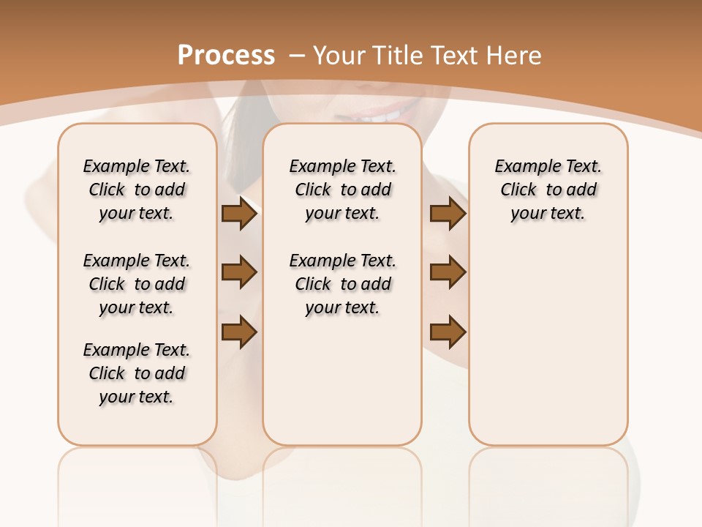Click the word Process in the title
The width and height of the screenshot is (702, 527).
226,55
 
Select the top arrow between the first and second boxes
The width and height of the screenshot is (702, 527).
239,213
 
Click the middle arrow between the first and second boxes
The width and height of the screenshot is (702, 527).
239,272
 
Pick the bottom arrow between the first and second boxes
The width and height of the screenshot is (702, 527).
239,332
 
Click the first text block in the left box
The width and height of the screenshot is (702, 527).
137,190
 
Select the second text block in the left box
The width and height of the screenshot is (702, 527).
137,284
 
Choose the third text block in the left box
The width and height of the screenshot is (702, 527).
137,373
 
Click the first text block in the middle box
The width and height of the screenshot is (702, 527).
343,190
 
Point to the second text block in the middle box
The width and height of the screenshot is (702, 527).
343,284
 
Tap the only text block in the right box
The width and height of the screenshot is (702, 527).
548,190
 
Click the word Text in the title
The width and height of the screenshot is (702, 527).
454,55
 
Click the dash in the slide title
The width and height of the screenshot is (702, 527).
298,55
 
